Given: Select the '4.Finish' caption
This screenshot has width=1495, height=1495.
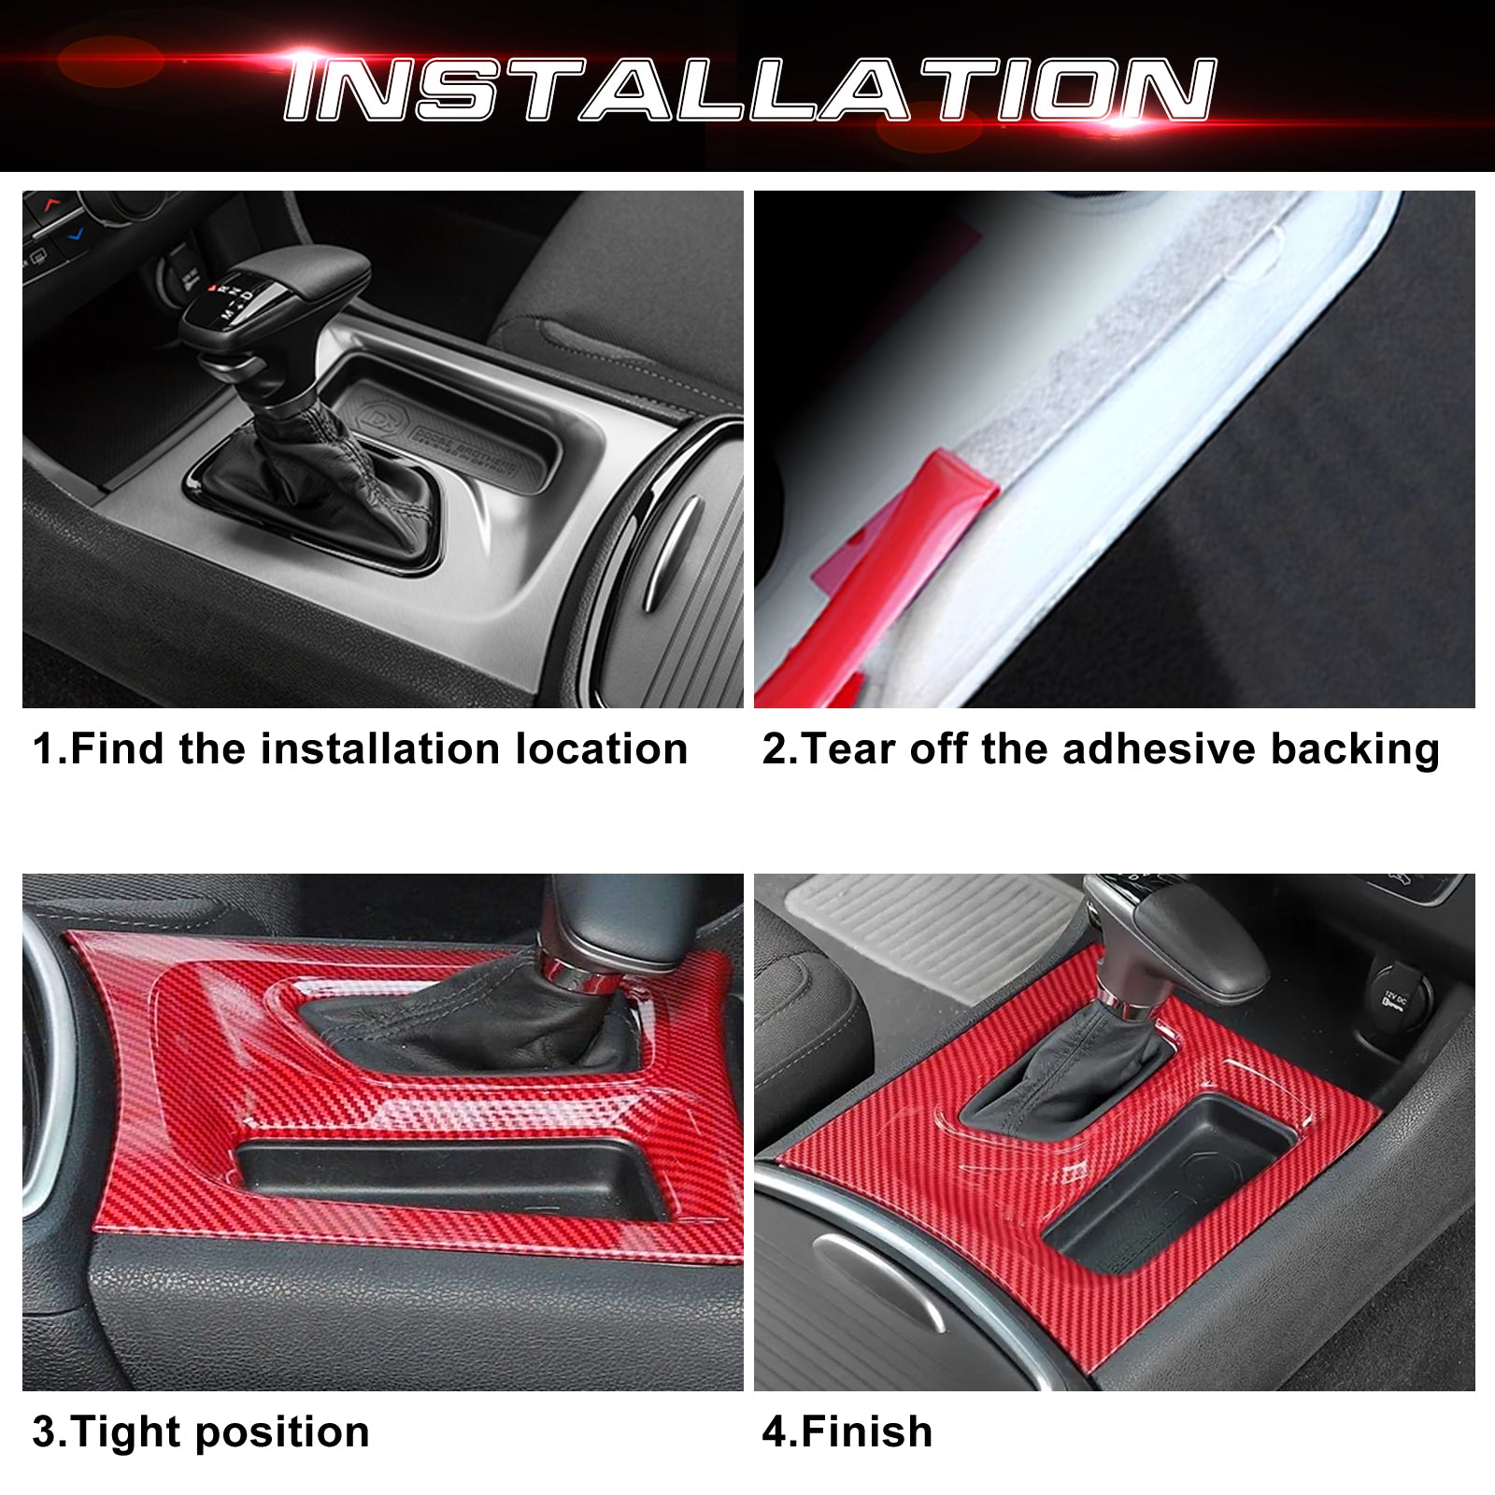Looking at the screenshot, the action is point(847,1432).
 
